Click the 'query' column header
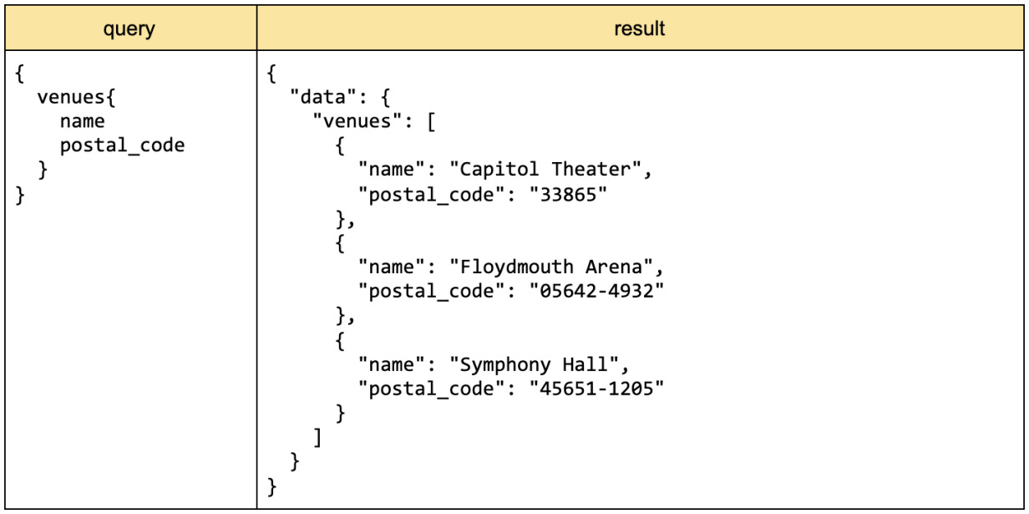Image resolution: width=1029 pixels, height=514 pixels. pyautogui.click(x=129, y=28)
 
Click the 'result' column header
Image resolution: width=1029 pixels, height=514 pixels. pyautogui.click(x=639, y=28)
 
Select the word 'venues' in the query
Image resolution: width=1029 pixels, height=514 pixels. pyautogui.click(x=74, y=98)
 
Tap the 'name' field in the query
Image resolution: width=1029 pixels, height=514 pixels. pyautogui.click(x=82, y=122)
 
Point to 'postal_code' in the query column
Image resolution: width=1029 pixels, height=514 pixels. pyautogui.click(x=122, y=146)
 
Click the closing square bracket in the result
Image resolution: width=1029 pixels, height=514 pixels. pyautogui.click(x=317, y=438)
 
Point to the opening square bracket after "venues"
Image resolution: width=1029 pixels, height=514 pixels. pyautogui.click(x=431, y=122)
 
